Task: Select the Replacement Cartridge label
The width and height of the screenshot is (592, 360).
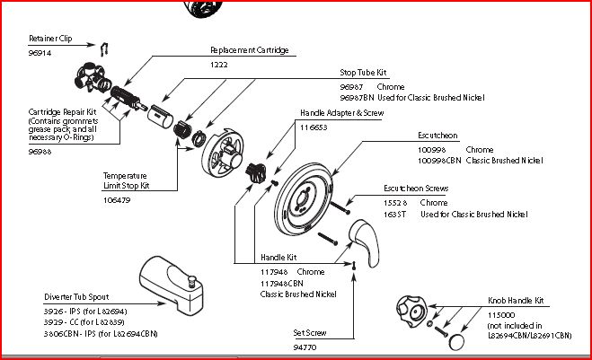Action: [x=249, y=50]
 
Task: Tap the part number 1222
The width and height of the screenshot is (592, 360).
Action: [x=219, y=65]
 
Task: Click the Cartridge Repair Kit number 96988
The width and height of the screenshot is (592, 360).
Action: [x=40, y=153]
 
